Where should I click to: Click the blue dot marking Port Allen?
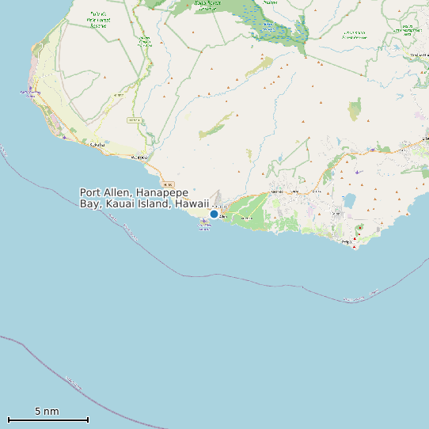coord(214,214)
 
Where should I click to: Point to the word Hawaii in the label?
coord(192,203)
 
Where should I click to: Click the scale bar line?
coord(47,419)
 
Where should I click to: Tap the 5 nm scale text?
coord(47,411)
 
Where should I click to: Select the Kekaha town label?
coord(97,145)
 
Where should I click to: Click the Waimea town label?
coord(139,157)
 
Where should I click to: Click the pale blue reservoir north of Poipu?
coord(349,200)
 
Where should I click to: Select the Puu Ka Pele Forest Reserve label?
coord(98,20)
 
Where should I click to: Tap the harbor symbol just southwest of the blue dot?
coord(204,223)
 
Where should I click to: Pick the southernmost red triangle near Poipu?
coord(354,246)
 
